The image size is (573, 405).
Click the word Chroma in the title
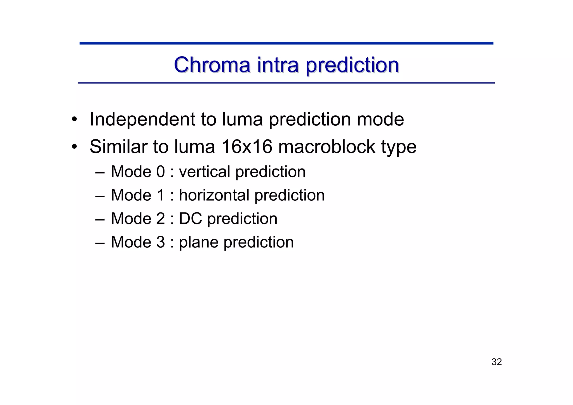tap(212, 65)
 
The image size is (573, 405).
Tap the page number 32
tap(497, 362)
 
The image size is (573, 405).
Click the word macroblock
tap(327, 147)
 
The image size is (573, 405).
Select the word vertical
tap(205, 172)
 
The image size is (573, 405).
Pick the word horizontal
tap(214, 195)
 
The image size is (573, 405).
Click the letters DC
tap(190, 219)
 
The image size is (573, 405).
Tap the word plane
tap(199, 242)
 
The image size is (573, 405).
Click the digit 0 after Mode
tap(161, 172)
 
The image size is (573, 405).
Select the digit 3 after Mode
tap(161, 242)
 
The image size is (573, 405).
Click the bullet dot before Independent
tap(74, 120)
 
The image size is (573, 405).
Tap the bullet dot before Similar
tap(74, 147)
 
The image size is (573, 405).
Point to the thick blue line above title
tap(286, 43)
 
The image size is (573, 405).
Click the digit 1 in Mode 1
tap(161, 195)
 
